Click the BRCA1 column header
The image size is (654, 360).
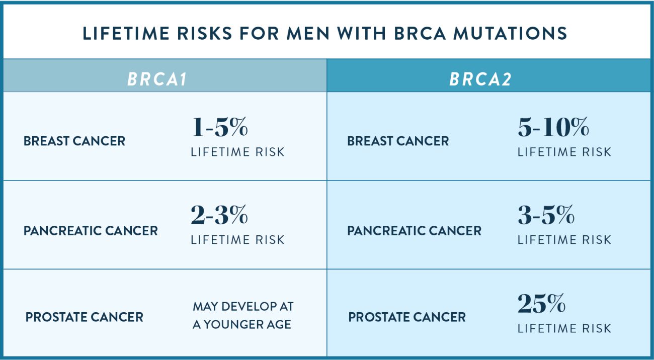157,80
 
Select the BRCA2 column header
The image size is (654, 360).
480,80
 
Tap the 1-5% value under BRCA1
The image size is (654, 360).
219,128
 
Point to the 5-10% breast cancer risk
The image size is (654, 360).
553,128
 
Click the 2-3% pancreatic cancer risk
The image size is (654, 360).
219,216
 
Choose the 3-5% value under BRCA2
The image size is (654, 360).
546,216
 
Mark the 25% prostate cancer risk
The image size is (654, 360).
541,304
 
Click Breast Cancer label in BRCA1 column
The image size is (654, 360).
74,141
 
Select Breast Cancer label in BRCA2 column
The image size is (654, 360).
398,141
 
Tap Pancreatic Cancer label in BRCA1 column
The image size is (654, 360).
91,231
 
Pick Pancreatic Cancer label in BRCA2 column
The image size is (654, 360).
414,231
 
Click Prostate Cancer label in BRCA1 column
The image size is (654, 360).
85,317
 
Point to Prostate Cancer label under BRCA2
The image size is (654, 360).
407,317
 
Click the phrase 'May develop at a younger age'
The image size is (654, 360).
242,315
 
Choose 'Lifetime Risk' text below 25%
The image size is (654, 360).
564,328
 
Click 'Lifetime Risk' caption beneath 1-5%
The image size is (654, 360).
237,152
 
